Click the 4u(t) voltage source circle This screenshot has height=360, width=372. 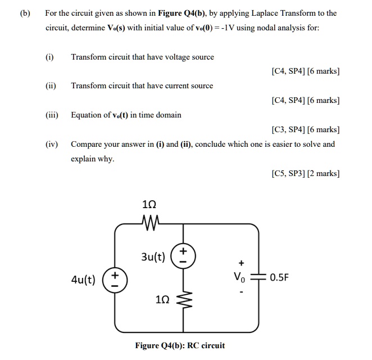pyautogui.click(x=115, y=280)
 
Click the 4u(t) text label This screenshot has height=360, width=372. pyautogui.click(x=83, y=280)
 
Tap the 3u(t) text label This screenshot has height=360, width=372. pyautogui.click(x=152, y=258)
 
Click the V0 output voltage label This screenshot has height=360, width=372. pyautogui.click(x=241, y=277)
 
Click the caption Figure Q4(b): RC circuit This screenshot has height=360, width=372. pyautogui.click(x=180, y=345)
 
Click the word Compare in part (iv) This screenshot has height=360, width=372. pyautogui.click(x=87, y=144)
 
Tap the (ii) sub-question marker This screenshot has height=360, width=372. pyautogui.click(x=51, y=85)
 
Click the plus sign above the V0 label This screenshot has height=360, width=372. pyautogui.click(x=242, y=263)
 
